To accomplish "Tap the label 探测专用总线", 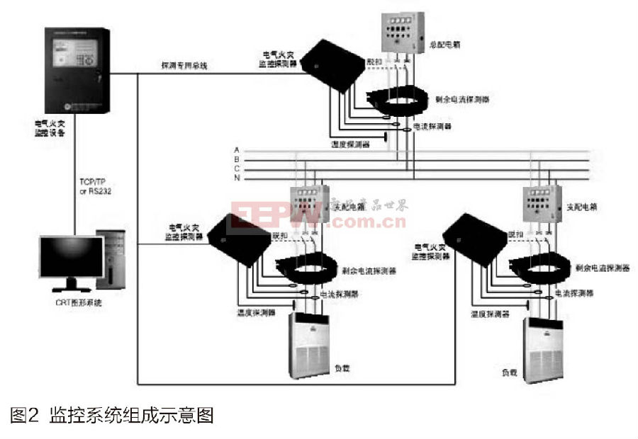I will point(184,66).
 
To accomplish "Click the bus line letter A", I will point(237,151).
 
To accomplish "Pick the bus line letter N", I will point(237,178).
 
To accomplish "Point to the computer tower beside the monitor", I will point(111,258).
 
